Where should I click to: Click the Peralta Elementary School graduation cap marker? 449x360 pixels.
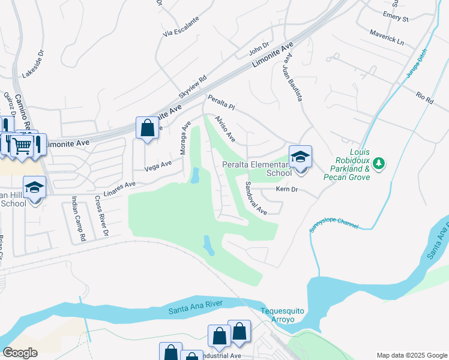point(301,158)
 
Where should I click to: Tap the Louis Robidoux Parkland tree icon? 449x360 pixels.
point(379,163)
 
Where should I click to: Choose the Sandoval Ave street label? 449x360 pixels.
point(256,198)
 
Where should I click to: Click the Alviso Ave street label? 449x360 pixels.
point(225,129)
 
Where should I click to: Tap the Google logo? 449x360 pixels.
point(20,352)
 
